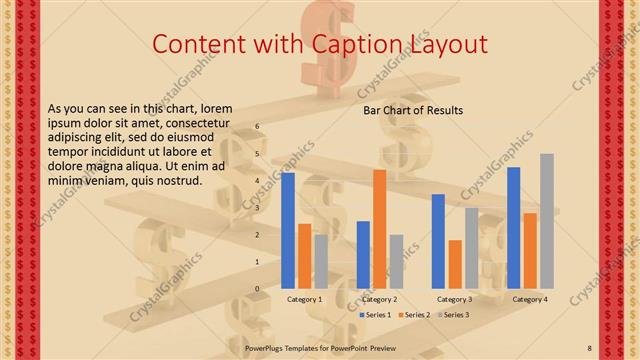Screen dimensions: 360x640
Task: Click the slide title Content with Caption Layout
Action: pyautogui.click(x=319, y=44)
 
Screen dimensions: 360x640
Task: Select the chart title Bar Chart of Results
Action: pyautogui.click(x=412, y=110)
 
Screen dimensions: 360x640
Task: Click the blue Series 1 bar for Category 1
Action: pyautogui.click(x=288, y=230)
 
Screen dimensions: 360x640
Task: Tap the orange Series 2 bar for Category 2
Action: pyautogui.click(x=380, y=229)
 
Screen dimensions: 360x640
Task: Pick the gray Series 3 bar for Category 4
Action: pyautogui.click(x=546, y=221)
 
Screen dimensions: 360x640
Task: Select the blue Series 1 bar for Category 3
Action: pyautogui.click(x=438, y=241)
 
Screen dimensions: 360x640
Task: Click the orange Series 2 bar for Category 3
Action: pyautogui.click(x=455, y=264)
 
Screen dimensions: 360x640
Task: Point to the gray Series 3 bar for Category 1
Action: pyautogui.click(x=320, y=261)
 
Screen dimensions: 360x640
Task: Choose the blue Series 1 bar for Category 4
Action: pyautogui.click(x=513, y=228)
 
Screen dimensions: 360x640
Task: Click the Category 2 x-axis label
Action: pyautogui.click(x=380, y=299)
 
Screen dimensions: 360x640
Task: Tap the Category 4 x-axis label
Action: pyautogui.click(x=529, y=299)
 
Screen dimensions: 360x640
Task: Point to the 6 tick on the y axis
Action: pyautogui.click(x=257, y=127)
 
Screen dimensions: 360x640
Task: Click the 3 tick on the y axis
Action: pyautogui.click(x=257, y=208)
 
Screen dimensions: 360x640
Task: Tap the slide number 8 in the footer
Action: pyautogui.click(x=590, y=347)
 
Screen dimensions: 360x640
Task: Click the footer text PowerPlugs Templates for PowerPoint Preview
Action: pyautogui.click(x=319, y=347)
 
